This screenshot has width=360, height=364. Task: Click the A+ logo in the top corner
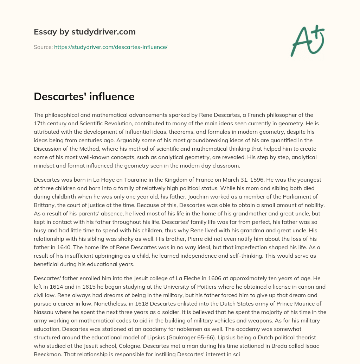[307, 41]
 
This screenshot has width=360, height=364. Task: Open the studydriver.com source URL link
[111, 47]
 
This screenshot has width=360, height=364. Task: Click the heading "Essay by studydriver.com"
[85, 32]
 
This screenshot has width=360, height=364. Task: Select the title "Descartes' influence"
[84, 96]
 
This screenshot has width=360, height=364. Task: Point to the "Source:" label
[43, 47]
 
